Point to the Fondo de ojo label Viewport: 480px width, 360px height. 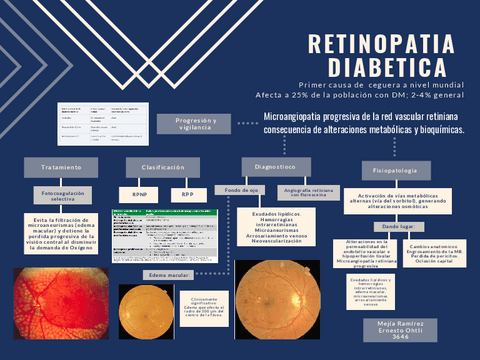coord(242,189)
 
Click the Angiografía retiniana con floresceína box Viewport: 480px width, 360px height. coord(308,191)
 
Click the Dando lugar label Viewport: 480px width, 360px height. coord(397,227)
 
